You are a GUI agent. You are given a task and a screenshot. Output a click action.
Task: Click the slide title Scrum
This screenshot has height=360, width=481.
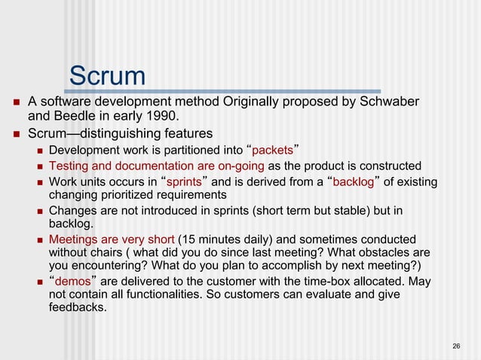tap(107, 75)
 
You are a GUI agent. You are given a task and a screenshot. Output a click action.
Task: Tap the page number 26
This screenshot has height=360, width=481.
tap(456, 346)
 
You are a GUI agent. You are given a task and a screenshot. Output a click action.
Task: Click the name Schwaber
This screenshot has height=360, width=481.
tap(386, 102)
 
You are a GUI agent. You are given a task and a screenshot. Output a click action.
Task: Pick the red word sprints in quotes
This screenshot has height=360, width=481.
tap(184, 182)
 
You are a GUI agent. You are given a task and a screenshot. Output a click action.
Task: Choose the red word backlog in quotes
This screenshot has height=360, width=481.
tap(354, 182)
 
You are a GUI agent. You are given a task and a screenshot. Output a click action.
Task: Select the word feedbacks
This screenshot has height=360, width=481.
tap(77, 307)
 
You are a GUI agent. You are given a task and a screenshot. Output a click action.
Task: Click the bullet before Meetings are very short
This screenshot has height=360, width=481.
tap(40, 239)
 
